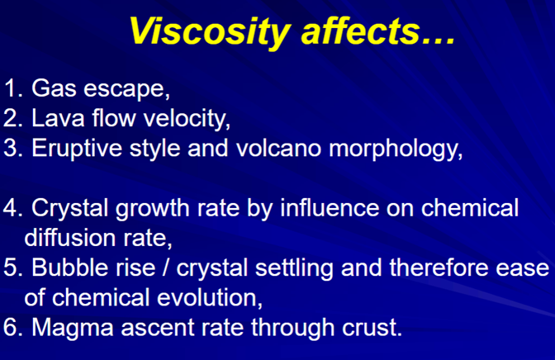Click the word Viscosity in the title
click(211, 31)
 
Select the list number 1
click(13, 88)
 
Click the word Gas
click(54, 88)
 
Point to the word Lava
click(58, 118)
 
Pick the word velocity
click(187, 119)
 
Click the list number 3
click(12, 148)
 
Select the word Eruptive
click(77, 149)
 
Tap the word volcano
click(278, 148)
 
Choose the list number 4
click(12, 207)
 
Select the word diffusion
click(69, 237)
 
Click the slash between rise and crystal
click(165, 268)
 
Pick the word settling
click(294, 268)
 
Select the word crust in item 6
click(372, 327)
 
